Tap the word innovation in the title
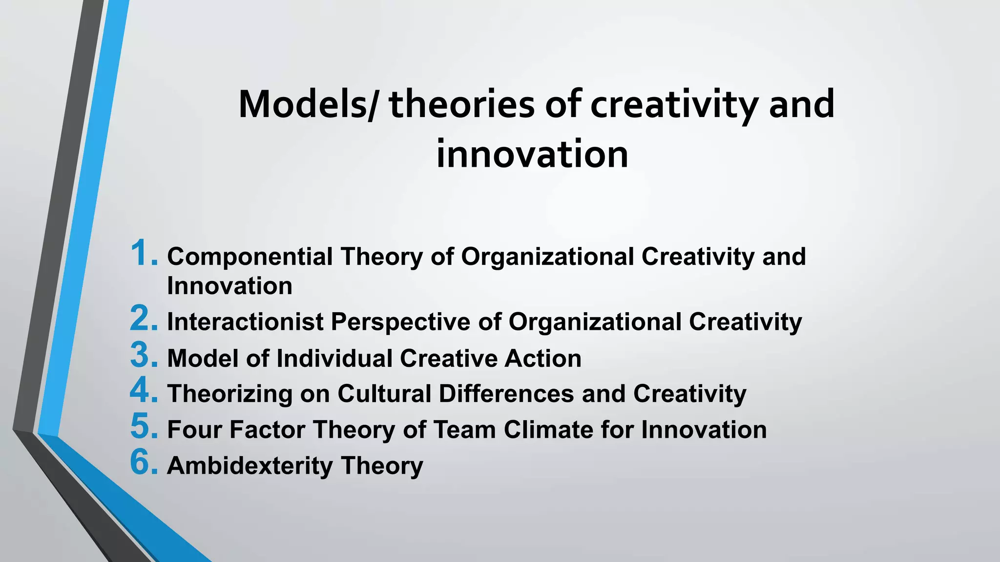tap(532, 155)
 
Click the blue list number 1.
tap(144, 254)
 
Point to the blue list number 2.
tap(144, 319)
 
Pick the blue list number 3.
tap(144, 355)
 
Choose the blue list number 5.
tap(144, 427)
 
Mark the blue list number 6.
tap(144, 462)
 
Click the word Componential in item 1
tap(250, 257)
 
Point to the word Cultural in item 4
tap(384, 394)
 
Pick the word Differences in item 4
tap(506, 394)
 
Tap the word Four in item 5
tap(194, 430)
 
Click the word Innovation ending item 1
tap(229, 286)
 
